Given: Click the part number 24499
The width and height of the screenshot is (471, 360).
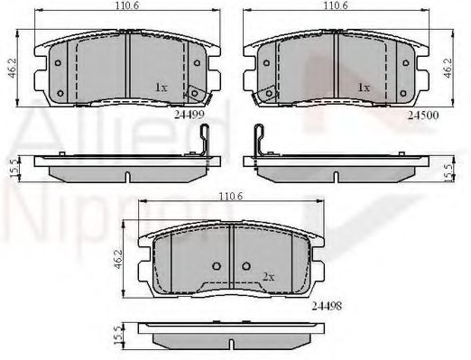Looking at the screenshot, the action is [189, 115].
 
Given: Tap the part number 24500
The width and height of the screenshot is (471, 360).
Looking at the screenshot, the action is [423, 115].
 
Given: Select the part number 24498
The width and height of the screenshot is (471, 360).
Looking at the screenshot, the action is [327, 306].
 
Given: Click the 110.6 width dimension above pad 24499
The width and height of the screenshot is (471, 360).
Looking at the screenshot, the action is [128, 5].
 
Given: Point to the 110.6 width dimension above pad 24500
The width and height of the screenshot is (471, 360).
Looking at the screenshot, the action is [336, 5].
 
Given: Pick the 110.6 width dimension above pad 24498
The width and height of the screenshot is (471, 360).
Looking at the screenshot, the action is [230, 197].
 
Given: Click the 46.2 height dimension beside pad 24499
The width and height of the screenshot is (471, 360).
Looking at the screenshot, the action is [13, 68].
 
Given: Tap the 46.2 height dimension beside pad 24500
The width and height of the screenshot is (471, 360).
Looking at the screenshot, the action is [448, 68].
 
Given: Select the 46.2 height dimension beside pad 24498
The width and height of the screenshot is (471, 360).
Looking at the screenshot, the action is [118, 259].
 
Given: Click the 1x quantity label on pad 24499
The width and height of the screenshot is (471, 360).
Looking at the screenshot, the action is [161, 88].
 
